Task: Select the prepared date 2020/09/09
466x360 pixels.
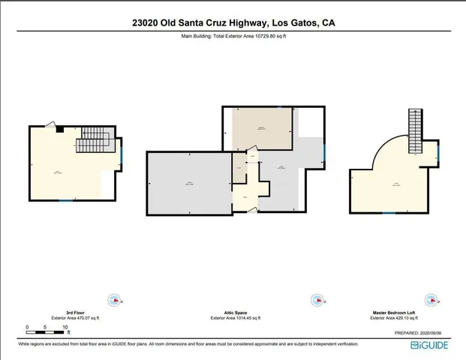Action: [437, 332]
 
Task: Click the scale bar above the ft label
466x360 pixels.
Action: [47, 332]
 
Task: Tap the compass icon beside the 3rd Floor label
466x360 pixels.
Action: [114, 301]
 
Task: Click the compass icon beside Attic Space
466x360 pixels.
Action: [318, 300]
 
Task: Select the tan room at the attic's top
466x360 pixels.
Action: [261, 129]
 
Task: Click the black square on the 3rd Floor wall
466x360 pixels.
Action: [59, 129]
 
